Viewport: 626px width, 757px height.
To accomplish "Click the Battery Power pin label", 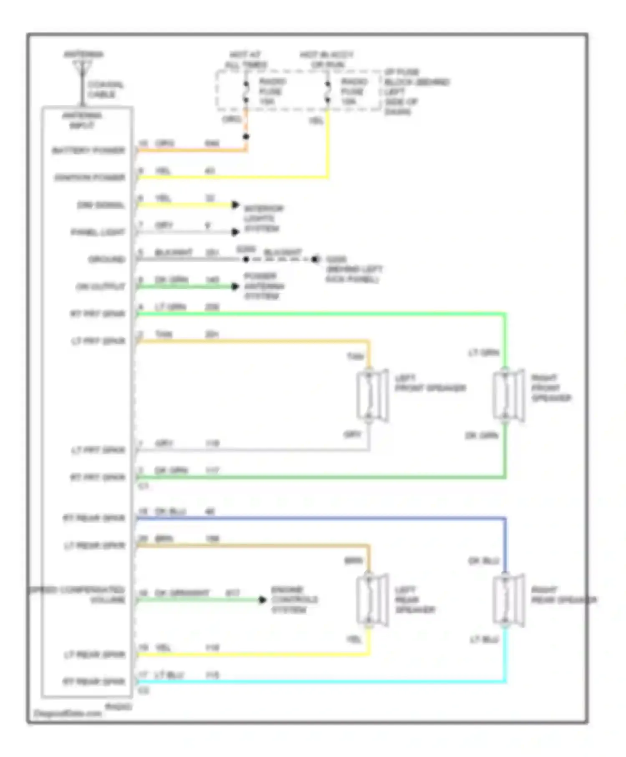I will (88, 150).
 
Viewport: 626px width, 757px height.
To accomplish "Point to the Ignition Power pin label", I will (89, 177).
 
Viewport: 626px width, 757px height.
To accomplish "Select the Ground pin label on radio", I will (106, 259).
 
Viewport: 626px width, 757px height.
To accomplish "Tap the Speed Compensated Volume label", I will (77, 595).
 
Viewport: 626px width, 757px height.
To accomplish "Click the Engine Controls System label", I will (294, 600).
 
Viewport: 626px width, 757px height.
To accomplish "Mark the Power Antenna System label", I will (264, 286).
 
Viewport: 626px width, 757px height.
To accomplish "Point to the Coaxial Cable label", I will (105, 89).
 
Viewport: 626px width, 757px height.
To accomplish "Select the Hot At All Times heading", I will (245, 60).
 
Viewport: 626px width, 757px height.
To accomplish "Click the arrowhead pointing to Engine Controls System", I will (262, 600).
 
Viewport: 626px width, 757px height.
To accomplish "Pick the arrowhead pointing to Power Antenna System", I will (235, 286).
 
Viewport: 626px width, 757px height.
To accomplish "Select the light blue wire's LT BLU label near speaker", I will (484, 639).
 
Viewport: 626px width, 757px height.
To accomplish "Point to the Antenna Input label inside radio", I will (82, 120).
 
